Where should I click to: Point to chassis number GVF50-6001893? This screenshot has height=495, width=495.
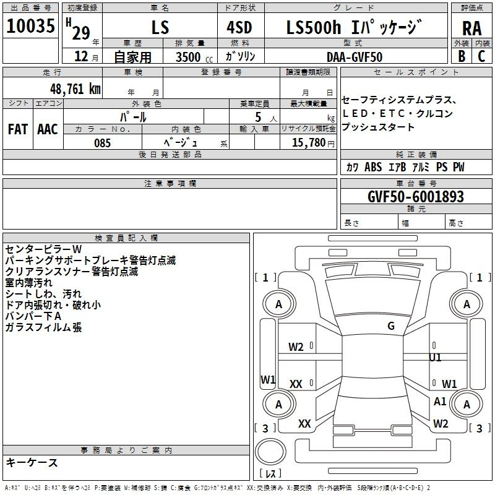(407, 197)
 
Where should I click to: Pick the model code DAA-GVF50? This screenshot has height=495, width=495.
(355, 56)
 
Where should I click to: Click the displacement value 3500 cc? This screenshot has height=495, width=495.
(192, 57)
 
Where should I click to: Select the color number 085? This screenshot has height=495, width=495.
(102, 143)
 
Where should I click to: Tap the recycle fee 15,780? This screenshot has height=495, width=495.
(308, 143)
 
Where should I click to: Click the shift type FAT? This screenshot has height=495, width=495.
(18, 129)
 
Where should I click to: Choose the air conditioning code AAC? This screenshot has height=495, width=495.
(48, 129)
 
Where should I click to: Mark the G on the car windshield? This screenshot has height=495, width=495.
(390, 326)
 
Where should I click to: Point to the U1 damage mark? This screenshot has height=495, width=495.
(436, 358)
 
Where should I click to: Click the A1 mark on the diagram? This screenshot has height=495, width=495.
(440, 402)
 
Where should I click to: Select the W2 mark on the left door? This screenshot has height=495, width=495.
(296, 347)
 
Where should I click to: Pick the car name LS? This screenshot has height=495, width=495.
(160, 27)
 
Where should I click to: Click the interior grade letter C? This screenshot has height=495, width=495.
(481, 56)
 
